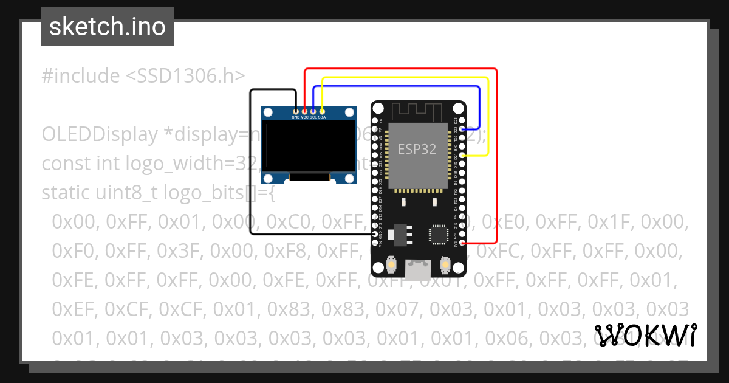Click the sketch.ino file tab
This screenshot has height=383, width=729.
click(107, 27)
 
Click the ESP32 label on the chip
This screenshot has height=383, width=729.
click(417, 149)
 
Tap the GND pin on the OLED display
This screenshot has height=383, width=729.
click(296, 110)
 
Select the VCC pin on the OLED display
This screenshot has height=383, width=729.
click(304, 110)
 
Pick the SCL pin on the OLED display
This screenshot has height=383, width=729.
click(313, 110)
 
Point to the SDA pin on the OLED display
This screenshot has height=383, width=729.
click(322, 110)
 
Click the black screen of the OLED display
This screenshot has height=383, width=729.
click(309, 147)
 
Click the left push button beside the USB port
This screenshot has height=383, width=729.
click(392, 266)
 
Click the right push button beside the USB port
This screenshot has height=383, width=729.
click(445, 266)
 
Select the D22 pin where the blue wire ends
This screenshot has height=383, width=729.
click(463, 129)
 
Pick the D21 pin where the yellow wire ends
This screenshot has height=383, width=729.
click(463, 156)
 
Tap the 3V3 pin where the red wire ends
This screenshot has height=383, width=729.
click(463, 243)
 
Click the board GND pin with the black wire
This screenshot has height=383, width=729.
click(375, 234)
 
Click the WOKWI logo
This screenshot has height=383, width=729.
click(646, 335)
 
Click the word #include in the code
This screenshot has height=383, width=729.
click(81, 76)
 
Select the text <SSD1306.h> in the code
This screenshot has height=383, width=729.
click(185, 76)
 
